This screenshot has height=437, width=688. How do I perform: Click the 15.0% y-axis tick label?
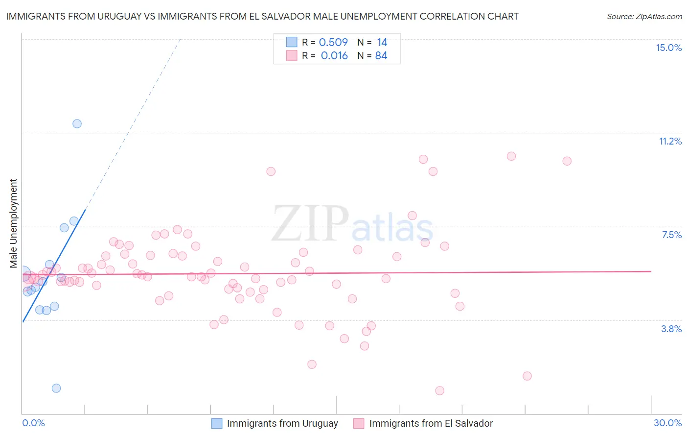[668, 48]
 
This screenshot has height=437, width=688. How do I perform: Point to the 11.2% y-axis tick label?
[670, 141]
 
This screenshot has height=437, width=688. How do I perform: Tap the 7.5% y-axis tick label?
[671, 235]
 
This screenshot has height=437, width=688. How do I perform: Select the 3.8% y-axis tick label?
[671, 329]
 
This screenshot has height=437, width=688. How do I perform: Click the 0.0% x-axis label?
[33, 423]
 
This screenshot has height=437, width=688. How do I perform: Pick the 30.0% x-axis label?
[667, 423]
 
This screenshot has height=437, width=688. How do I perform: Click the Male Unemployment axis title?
[13, 223]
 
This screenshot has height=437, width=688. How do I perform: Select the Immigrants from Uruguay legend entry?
[275, 423]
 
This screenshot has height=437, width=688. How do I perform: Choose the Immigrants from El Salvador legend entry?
[423, 423]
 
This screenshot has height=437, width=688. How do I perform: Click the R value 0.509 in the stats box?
[333, 43]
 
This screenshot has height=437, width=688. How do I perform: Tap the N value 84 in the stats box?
[381, 56]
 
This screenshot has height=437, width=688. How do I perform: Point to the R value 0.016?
[334, 56]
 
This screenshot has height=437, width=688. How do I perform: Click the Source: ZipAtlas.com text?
[644, 17]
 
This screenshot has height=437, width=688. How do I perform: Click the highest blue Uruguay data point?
[77, 123]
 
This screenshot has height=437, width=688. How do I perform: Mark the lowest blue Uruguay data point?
[56, 388]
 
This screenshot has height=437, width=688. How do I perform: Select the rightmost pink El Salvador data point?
[567, 161]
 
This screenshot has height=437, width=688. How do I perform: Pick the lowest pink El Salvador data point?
[439, 390]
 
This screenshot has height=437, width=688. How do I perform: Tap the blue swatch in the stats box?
[292, 42]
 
